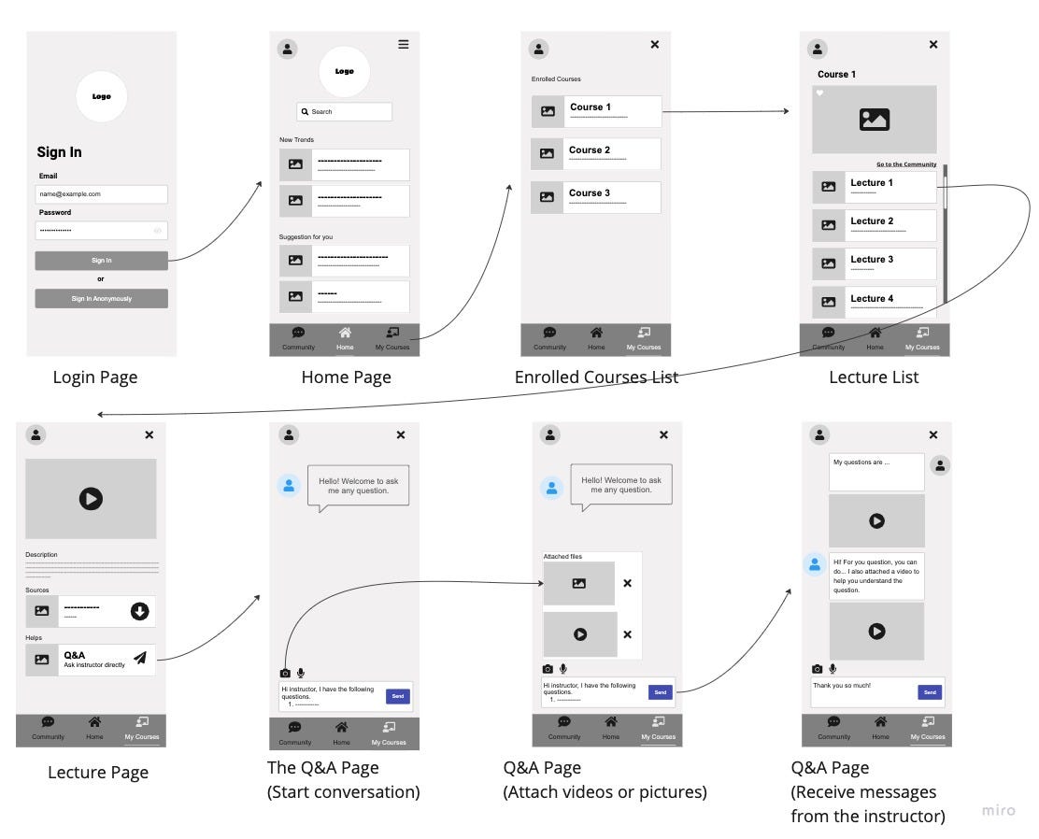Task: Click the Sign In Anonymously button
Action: pos(101,299)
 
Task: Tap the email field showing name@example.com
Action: pos(101,194)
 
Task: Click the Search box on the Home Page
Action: pos(344,112)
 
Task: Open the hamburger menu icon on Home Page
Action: pos(404,44)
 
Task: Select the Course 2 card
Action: pos(596,153)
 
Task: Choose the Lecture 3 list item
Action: pos(875,263)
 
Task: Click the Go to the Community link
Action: pos(905,164)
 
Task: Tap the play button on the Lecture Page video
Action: pos(91,498)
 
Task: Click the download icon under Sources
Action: pos(139,611)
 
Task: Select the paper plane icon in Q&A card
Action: pos(140,658)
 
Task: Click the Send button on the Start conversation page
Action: pos(397,696)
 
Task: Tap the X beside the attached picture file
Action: pos(627,583)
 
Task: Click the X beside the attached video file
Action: pos(627,634)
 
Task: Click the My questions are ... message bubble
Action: pos(875,472)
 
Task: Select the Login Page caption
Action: pos(95,377)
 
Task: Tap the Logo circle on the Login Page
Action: pos(101,96)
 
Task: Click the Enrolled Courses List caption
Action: pos(596,377)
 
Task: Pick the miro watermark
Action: pos(998,810)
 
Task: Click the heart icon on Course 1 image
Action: pos(819,92)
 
